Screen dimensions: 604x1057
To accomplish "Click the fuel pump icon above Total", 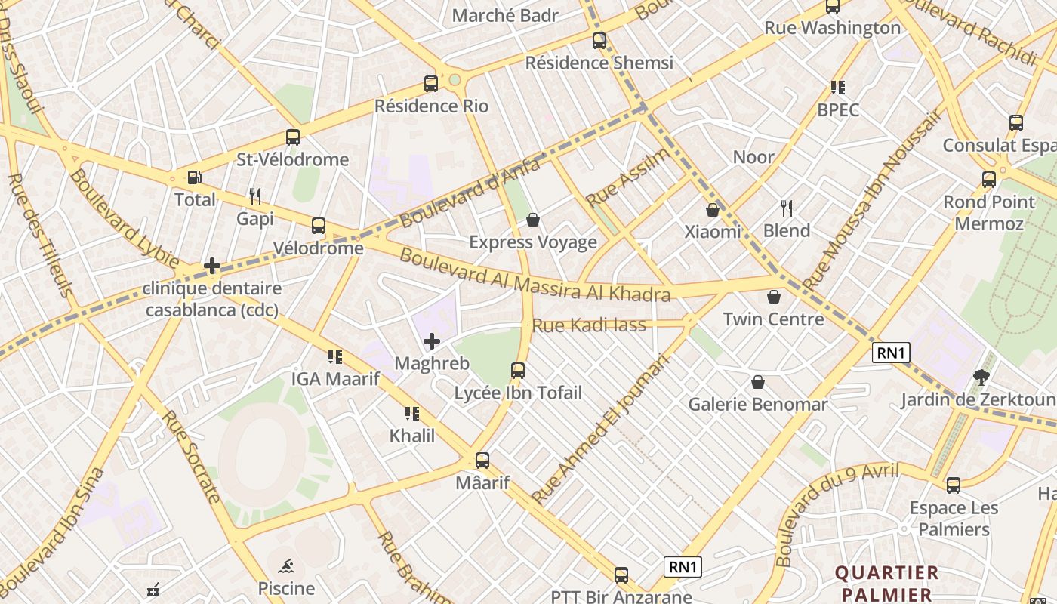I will point(195,177).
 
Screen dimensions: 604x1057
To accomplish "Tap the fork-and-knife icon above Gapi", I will point(255,196).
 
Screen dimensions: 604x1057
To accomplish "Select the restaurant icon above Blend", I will point(787,208).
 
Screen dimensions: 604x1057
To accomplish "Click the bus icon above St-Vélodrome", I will point(293,137).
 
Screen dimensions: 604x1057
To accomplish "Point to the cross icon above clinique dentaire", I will point(212,266).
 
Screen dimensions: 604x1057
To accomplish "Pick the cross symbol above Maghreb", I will point(432,341).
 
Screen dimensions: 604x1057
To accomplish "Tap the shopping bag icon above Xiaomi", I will point(713,210).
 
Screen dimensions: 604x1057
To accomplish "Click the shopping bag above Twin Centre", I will point(773,297).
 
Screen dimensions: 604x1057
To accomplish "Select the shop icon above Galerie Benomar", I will point(758,382).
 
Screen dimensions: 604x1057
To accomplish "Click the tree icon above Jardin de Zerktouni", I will point(981,377).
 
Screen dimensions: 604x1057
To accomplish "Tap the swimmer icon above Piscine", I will point(286,566).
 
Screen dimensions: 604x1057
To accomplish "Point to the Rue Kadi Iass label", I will point(589,325).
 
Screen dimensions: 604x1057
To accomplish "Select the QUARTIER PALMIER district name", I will point(887,583).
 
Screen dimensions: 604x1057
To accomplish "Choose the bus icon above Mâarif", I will point(482,460).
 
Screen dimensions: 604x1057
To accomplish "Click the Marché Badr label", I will point(505,15).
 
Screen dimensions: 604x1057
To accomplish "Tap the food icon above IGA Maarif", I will point(335,356).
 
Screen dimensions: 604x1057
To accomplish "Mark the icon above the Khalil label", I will point(412,413).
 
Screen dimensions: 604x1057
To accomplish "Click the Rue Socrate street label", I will point(192,456).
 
